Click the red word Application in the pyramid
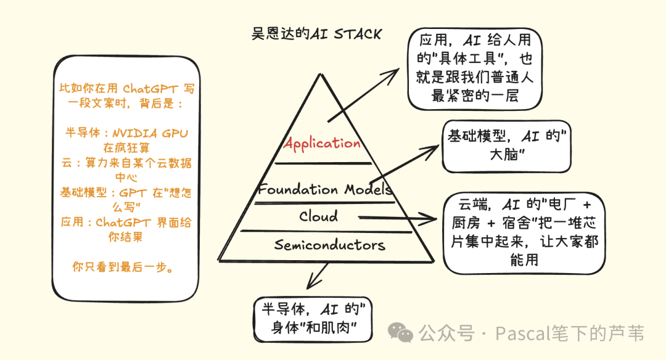click(321, 143)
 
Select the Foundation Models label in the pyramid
click(325, 189)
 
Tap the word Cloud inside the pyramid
click(319, 216)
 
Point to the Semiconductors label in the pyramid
click(329, 245)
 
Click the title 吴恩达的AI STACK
click(316, 34)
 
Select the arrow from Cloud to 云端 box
click(395, 217)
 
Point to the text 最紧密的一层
click(474, 95)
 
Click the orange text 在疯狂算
click(126, 148)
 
